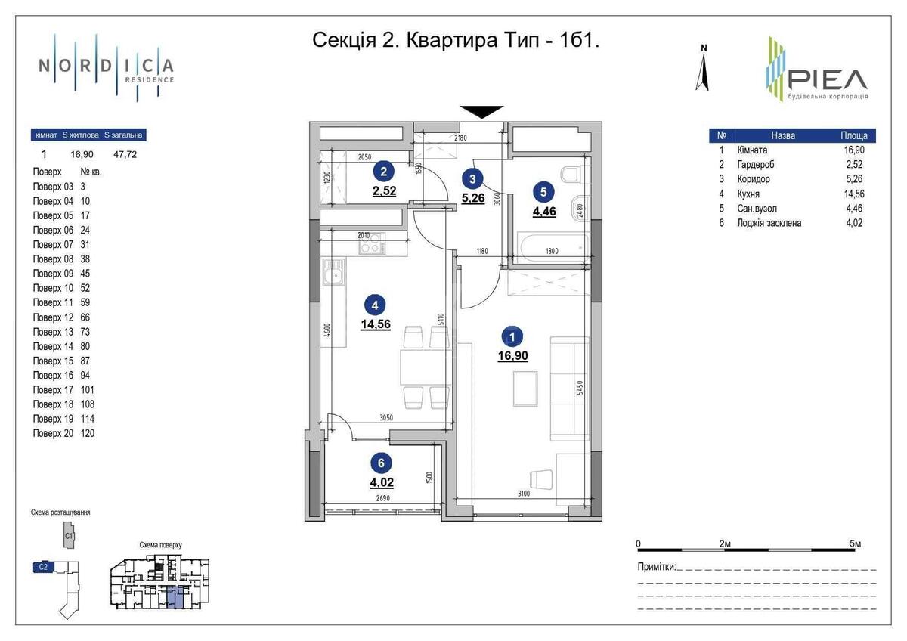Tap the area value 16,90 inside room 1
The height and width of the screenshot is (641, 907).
point(512,355)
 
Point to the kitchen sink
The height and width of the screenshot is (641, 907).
point(333,273)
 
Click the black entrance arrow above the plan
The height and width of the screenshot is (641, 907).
point(483,111)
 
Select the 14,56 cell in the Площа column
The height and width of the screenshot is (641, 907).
point(854,194)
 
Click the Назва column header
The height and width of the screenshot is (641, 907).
point(783,136)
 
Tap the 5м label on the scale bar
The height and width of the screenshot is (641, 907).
point(856,543)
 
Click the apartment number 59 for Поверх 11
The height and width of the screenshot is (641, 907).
point(85,302)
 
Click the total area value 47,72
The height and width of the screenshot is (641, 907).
point(125,154)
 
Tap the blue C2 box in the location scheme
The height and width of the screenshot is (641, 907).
point(43,565)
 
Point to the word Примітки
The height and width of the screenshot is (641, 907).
point(656,567)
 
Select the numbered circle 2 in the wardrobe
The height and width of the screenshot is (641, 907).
point(384,172)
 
